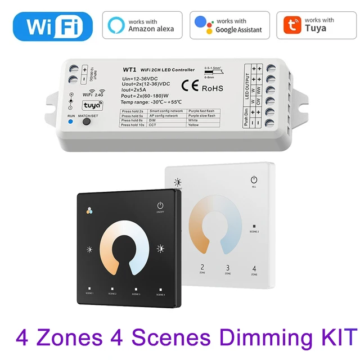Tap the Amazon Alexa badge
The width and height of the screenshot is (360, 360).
pyautogui.click(x=142, y=25)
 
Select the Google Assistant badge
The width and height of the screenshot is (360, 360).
pyautogui.click(x=229, y=25)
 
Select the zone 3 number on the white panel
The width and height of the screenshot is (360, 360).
pyautogui.click(x=227, y=268)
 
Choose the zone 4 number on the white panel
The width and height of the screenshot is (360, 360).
pyautogui.click(x=254, y=268)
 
